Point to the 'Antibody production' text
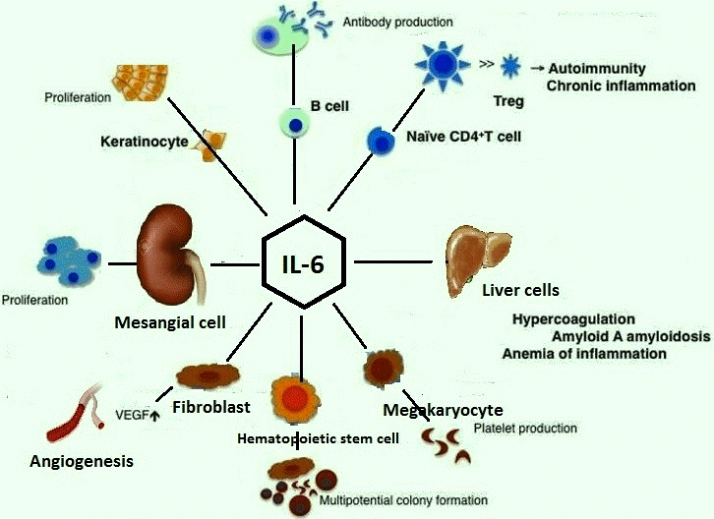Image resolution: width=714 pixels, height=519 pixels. [397, 21]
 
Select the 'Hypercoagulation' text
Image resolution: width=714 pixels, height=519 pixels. [573, 319]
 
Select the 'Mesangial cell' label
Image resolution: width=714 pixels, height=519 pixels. [170, 320]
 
